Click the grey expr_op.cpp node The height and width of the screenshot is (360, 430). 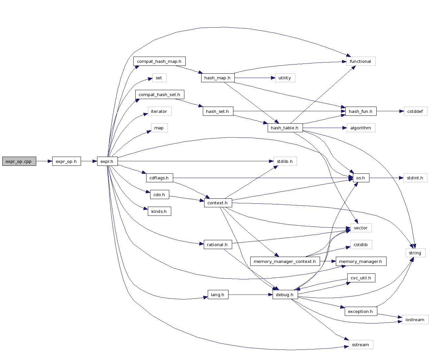pyautogui.click(x=19, y=161)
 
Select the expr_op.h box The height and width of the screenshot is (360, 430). pyautogui.click(x=67, y=161)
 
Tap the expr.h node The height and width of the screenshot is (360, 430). pyautogui.click(x=107, y=161)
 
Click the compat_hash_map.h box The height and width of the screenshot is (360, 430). pyautogui.click(x=159, y=61)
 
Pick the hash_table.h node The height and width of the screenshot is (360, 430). pyautogui.click(x=285, y=128)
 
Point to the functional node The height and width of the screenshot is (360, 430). pyautogui.click(x=361, y=61)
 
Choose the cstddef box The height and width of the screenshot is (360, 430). pyautogui.click(x=415, y=111)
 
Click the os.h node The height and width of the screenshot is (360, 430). pyautogui.click(x=361, y=178)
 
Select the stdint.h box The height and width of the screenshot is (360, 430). pyautogui.click(x=415, y=178)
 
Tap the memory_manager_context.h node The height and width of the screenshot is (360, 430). pyautogui.click(x=285, y=261)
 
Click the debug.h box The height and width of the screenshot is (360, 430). pyautogui.click(x=285, y=295)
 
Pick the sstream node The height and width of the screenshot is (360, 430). pyautogui.click(x=361, y=345)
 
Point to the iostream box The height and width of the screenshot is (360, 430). pyautogui.click(x=415, y=320)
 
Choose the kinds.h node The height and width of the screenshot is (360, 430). pyautogui.click(x=159, y=211)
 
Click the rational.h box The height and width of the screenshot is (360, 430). pyautogui.click(x=218, y=244)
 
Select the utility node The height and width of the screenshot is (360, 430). pyautogui.click(x=285, y=78)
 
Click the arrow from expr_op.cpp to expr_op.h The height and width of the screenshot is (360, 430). pyautogui.click(x=44, y=161)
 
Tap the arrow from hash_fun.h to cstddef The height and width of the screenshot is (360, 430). pyautogui.click(x=390, y=111)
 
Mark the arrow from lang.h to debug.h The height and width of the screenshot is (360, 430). pyautogui.click(x=250, y=295)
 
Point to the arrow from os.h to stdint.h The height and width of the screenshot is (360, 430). pyautogui.click(x=386, y=178)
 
